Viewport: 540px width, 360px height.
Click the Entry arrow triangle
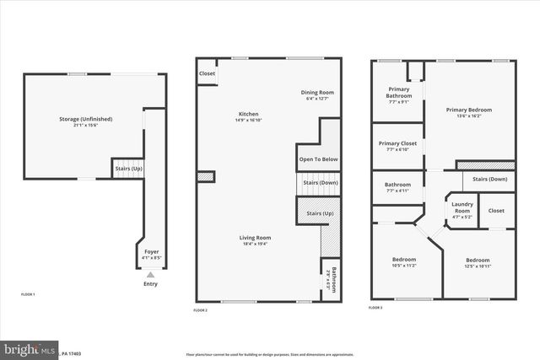coord(151,275)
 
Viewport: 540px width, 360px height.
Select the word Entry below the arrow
coord(151,284)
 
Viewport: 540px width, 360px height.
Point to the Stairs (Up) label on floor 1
coord(128,169)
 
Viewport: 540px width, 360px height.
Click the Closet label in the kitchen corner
coord(207,73)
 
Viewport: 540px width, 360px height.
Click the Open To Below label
coord(318,159)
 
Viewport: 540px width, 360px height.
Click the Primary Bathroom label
coord(399,93)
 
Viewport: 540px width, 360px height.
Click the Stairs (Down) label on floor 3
coord(489,179)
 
